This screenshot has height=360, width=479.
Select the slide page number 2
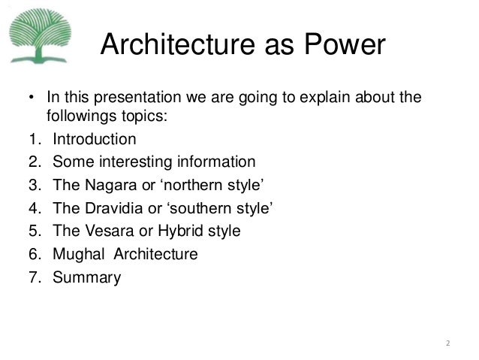tap(447, 344)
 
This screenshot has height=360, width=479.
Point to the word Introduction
tap(94, 139)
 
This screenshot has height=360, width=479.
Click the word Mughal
tap(77, 254)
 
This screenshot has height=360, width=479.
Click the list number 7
tap(33, 277)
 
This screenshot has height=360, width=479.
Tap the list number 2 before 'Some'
tap(33, 162)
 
